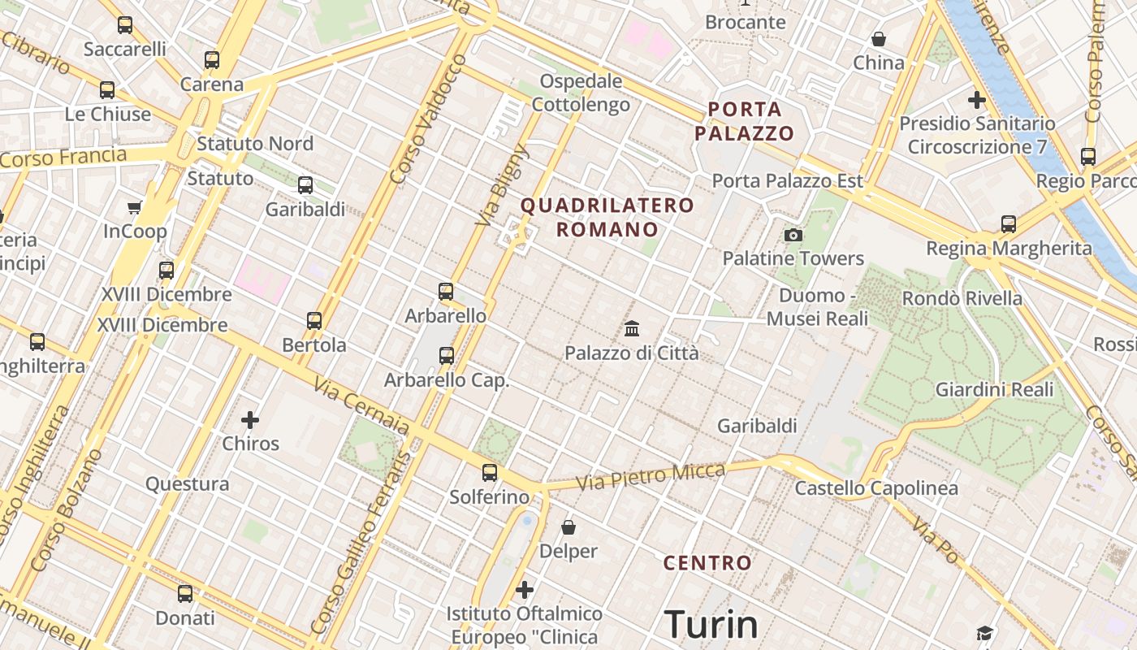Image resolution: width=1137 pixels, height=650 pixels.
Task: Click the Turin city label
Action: tap(711, 625)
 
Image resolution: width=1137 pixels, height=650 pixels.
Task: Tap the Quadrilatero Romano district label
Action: tap(607, 217)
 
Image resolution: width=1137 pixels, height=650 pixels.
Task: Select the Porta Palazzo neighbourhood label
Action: tap(744, 121)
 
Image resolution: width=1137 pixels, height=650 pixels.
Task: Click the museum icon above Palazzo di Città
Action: tap(632, 329)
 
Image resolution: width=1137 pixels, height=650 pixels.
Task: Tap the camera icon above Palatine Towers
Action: tap(793, 236)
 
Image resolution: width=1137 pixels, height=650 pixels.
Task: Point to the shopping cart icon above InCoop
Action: tap(135, 208)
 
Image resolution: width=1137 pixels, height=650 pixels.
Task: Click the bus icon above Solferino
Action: tap(489, 473)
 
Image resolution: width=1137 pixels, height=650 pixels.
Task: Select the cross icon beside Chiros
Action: tap(250, 420)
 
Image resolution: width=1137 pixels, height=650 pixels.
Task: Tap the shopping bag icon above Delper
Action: tap(568, 527)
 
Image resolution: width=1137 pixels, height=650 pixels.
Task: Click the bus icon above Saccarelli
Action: tap(124, 25)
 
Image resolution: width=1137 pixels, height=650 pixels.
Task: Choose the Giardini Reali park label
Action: tap(994, 389)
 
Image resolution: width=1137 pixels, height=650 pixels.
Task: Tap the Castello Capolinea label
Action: tap(875, 488)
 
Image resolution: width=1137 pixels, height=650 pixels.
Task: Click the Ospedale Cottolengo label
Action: tap(581, 93)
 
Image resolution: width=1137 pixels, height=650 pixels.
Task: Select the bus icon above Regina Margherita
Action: tap(1008, 224)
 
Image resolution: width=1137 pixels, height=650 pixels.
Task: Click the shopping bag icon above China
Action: tap(878, 39)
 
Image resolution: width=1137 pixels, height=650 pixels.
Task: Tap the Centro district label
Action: tap(707, 562)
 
